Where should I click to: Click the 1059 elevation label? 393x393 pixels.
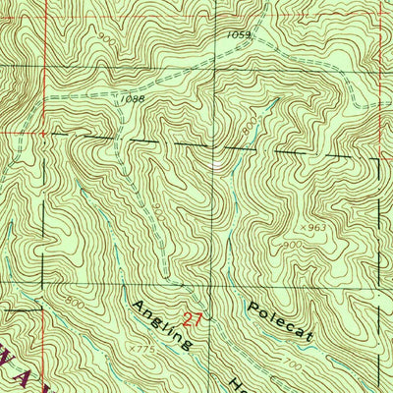[238, 35]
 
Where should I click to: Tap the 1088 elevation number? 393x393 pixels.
[134, 99]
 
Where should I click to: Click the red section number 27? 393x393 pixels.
[193, 318]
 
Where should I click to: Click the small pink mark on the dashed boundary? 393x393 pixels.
[215, 163]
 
